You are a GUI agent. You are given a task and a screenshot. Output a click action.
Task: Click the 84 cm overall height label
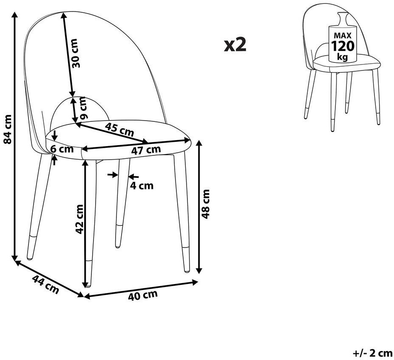point(8,129)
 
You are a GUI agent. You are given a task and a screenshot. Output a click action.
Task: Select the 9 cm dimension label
point(83,108)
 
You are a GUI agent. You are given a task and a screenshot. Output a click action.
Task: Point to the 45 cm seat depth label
point(119,129)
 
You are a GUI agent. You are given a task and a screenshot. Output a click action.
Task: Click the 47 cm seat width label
point(146,150)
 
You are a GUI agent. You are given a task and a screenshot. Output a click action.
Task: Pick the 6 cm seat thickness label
point(62,149)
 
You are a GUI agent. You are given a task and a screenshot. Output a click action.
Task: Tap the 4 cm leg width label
point(142,186)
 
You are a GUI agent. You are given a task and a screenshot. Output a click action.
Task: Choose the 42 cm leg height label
point(79,219)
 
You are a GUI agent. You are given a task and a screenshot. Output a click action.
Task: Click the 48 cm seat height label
point(206,204)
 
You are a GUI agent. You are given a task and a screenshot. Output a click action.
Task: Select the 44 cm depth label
point(45,284)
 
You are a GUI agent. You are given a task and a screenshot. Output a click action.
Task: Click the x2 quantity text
point(235,45)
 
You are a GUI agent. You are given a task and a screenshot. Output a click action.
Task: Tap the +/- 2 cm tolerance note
point(372,353)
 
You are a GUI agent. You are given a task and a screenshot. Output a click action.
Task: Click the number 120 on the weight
point(343,46)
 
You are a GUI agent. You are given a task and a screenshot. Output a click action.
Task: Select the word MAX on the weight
point(343,35)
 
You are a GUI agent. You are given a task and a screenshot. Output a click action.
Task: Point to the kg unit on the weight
point(343,57)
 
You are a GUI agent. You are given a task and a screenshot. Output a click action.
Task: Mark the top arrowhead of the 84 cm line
point(15,14)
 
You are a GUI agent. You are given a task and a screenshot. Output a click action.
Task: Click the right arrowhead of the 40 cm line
point(195,282)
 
